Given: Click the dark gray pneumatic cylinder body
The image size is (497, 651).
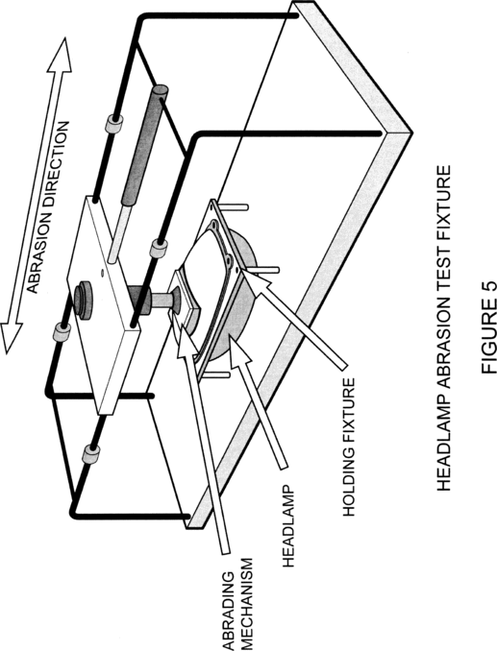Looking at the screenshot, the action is (144, 144).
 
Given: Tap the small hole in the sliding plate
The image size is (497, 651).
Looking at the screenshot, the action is (102, 274).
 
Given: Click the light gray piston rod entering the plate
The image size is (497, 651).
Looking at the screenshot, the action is (118, 232).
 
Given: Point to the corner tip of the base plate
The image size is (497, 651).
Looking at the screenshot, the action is (411, 133).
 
